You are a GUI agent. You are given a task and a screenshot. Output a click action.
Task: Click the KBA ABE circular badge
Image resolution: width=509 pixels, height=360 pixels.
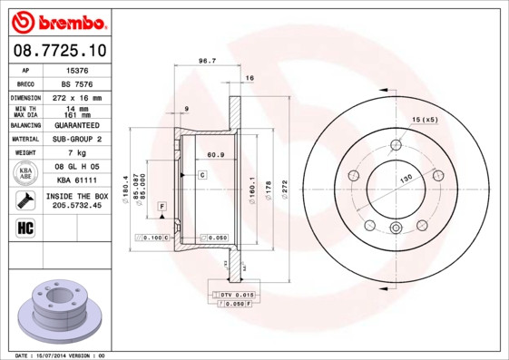pos(26,172)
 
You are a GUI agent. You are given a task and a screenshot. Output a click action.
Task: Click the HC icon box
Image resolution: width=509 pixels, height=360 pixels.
pos(26,227)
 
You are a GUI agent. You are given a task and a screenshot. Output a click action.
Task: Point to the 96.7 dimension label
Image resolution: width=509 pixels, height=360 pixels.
pos(206,61)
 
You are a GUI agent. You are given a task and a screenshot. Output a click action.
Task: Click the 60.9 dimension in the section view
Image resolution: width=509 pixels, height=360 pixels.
pos(215,155)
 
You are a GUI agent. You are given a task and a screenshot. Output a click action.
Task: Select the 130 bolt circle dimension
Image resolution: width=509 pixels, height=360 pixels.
pos(405,179)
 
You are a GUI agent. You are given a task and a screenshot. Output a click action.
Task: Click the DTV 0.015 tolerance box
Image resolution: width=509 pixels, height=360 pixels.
pos(233,296)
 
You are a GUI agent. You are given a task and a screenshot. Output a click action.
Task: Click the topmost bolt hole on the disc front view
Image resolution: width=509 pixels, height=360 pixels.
pos(395,145)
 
